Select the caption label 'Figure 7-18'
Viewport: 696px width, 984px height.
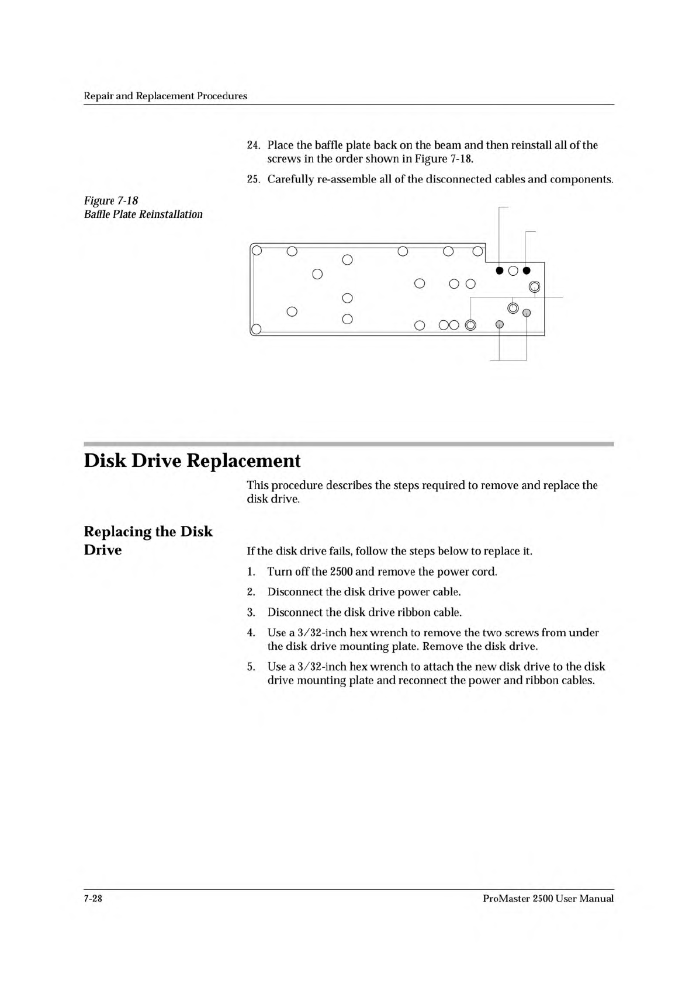(111, 201)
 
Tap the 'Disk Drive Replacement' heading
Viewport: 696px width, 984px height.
(192, 461)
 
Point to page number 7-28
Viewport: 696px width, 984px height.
(94, 899)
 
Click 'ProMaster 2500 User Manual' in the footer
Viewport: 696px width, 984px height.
(548, 899)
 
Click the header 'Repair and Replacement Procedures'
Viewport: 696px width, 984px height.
(165, 96)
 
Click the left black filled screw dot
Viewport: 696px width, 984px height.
(500, 270)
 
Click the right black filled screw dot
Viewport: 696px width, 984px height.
(527, 270)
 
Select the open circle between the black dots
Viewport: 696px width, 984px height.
(513, 270)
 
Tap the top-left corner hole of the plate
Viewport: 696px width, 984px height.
(256, 252)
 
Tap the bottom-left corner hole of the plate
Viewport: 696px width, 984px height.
(256, 328)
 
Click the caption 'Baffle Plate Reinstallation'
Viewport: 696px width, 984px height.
(143, 214)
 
